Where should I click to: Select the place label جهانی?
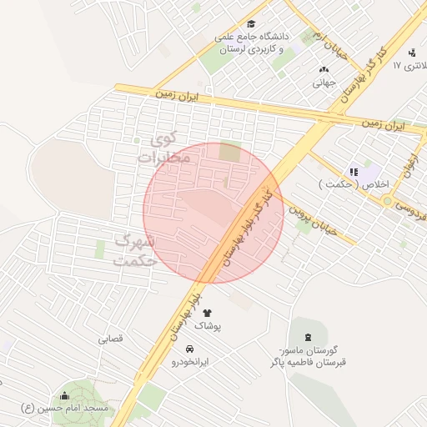[x=324, y=83]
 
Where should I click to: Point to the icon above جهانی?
[x=324, y=69]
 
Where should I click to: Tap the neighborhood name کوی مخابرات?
[x=158, y=148]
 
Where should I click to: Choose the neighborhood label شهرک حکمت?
[x=135, y=250]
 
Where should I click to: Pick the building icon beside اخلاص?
[x=354, y=172]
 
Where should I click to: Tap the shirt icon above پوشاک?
[x=207, y=313]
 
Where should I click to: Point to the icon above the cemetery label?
[x=309, y=337]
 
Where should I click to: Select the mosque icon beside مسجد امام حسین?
[x=65, y=395]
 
